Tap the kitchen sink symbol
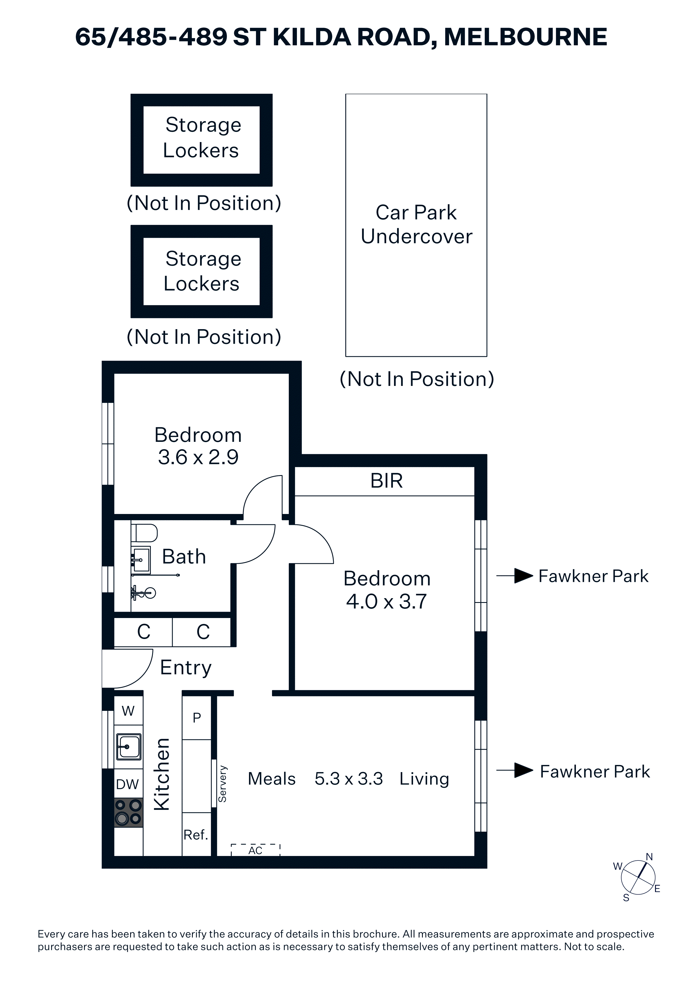pos(129,747)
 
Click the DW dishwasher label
pos(127,784)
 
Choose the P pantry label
pos(197,718)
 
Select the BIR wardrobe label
pos(386,481)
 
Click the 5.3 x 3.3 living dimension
pos(348,779)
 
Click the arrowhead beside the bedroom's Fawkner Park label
pos(523,576)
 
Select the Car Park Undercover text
pos(416,224)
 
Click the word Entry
pos(186,668)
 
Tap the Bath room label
pos(184,557)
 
